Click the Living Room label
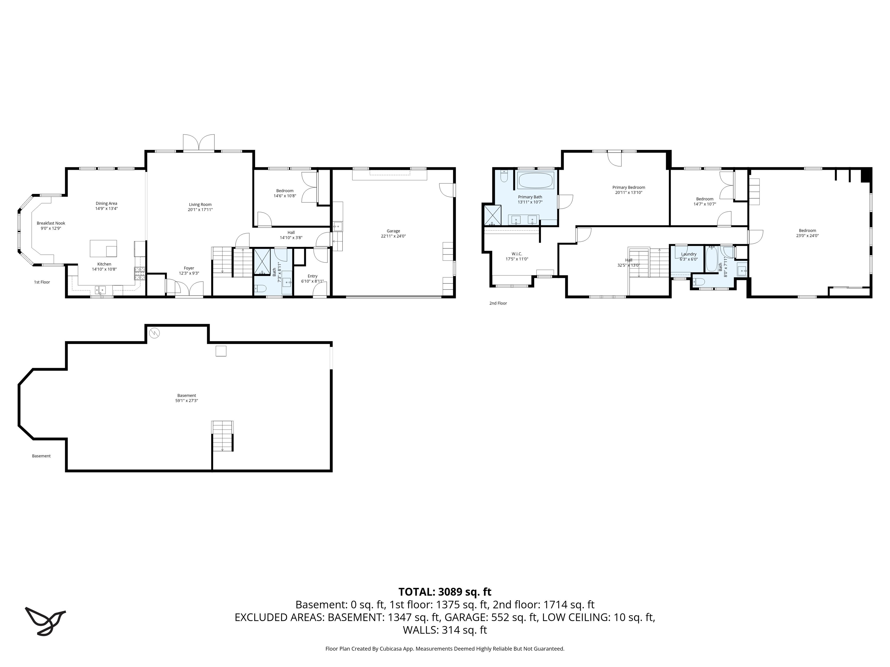pyautogui.click(x=200, y=205)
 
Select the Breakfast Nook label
pyautogui.click(x=51, y=223)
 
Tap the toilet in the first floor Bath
pyautogui.click(x=260, y=288)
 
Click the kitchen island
pyautogui.click(x=103, y=248)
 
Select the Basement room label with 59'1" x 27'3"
pyautogui.click(x=187, y=396)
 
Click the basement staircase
pyautogui.click(x=222, y=436)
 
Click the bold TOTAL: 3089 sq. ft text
pyautogui.click(x=445, y=592)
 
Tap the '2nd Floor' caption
pyautogui.click(x=498, y=303)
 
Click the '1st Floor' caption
pyautogui.click(x=42, y=282)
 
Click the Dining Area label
pyautogui.click(x=106, y=204)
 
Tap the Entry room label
pyautogui.click(x=312, y=276)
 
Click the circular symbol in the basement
pyautogui.click(x=154, y=333)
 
